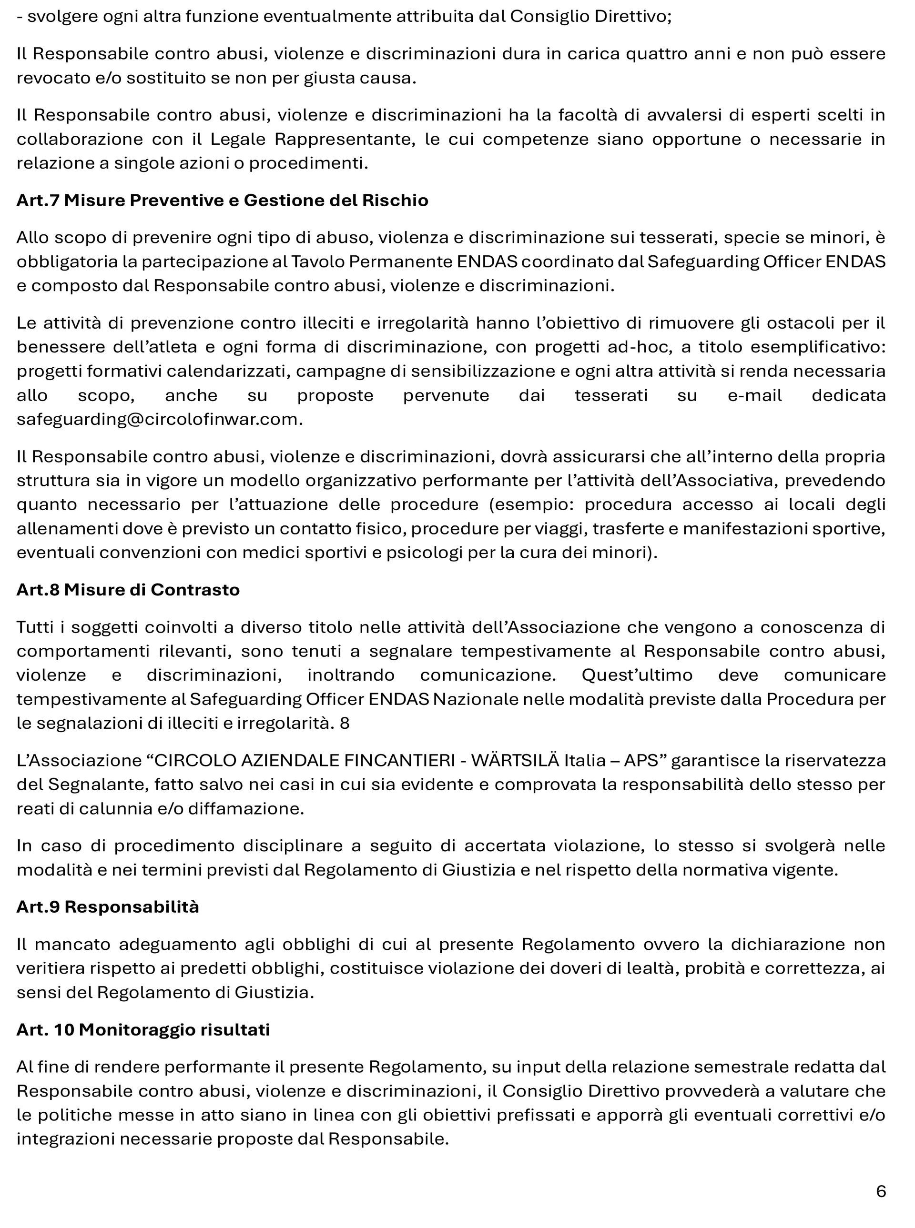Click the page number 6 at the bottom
pyautogui.click(x=881, y=1190)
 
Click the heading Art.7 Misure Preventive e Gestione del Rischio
pyautogui.click(x=222, y=201)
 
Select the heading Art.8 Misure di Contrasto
pyautogui.click(x=128, y=590)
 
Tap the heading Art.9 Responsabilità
pyautogui.click(x=107, y=907)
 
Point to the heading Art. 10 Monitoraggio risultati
pyautogui.click(x=143, y=1030)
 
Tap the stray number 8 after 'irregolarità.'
pyautogui.click(x=345, y=724)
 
